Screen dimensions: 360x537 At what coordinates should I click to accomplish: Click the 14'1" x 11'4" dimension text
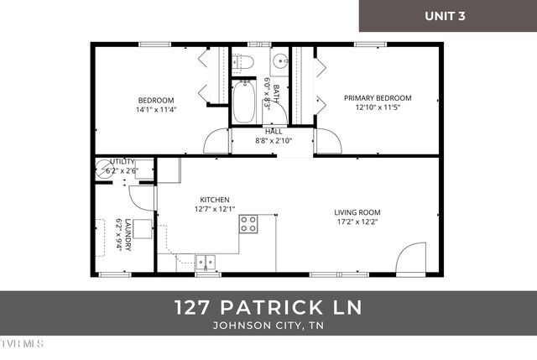tap(155, 109)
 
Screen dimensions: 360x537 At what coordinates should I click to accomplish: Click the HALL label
tap(274, 132)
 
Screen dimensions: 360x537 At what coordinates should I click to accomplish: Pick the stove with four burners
tap(248, 223)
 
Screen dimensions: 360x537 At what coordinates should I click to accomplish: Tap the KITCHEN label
tap(215, 200)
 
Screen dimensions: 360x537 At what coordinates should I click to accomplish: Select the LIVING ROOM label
tap(357, 212)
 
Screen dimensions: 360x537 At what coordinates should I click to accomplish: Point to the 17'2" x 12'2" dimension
tap(357, 222)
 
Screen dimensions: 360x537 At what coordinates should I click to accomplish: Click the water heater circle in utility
tap(107, 169)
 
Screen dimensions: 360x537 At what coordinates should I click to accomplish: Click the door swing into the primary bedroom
tap(329, 143)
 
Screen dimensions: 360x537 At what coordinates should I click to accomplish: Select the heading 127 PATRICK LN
tap(268, 307)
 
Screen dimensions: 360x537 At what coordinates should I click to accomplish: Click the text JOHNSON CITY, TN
tap(268, 326)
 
